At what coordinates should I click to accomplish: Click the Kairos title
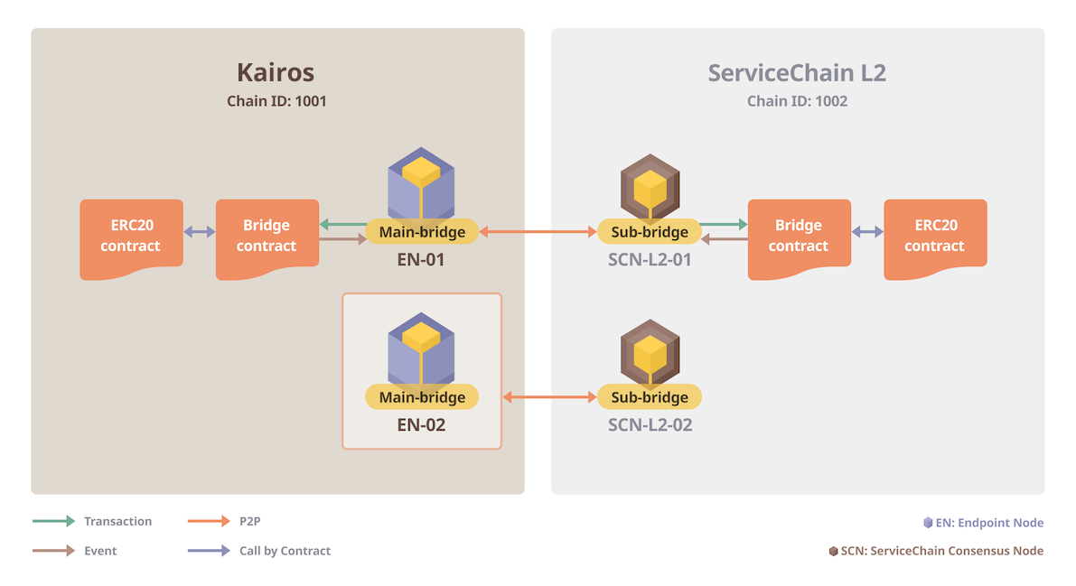[x=276, y=72]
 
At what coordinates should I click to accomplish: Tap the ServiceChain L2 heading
[x=797, y=72]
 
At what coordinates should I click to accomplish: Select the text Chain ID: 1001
[x=276, y=101]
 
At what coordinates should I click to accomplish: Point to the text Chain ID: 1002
[x=797, y=101]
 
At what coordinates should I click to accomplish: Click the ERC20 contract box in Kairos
[x=131, y=237]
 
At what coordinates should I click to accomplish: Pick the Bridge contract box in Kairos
[x=267, y=237]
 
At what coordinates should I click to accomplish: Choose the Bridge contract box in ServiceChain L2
[x=799, y=237]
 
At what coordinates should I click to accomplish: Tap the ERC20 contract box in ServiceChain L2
[x=935, y=237]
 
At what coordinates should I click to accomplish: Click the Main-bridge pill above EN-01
[x=422, y=232]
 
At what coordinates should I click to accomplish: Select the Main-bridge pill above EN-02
[x=422, y=396]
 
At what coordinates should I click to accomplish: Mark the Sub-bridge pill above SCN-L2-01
[x=650, y=232]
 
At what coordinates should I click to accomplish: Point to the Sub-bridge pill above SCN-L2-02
[x=650, y=396]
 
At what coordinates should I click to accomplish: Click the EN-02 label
[x=421, y=424]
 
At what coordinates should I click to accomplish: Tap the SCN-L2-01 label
[x=650, y=259]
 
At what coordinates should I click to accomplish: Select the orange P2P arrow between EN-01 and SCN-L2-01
[x=538, y=232]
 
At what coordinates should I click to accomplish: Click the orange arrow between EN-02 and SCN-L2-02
[x=549, y=396]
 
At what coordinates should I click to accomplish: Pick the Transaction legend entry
[x=92, y=521]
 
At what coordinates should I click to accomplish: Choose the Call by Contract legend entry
[x=258, y=550]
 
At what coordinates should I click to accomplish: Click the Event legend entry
[x=74, y=550]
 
